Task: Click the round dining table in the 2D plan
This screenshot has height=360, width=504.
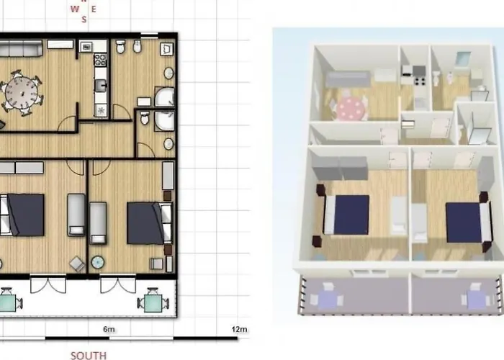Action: (x=21, y=91)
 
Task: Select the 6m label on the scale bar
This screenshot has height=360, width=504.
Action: (x=109, y=329)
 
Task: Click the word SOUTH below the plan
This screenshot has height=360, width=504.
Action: (x=89, y=355)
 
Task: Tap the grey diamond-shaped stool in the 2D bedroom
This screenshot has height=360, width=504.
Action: (x=76, y=264)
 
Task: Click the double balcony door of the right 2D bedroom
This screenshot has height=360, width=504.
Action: (x=117, y=284)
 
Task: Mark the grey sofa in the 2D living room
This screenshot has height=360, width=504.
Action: (x=19, y=50)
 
